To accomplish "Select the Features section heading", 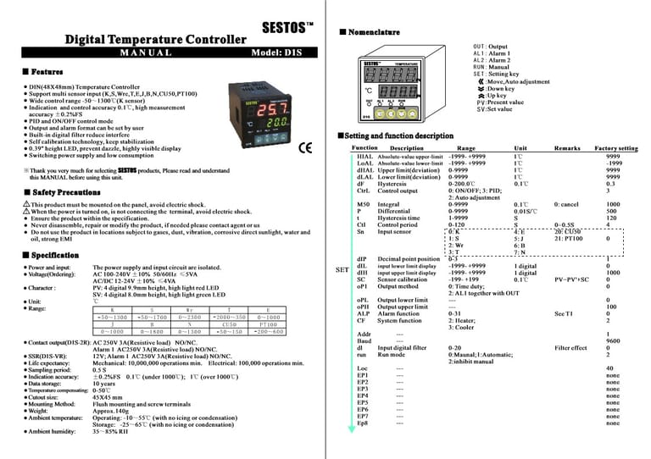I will [x=42, y=73].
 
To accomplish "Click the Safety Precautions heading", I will [x=60, y=193].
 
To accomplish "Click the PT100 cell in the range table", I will [x=268, y=323].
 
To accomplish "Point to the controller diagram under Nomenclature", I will [x=390, y=86].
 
